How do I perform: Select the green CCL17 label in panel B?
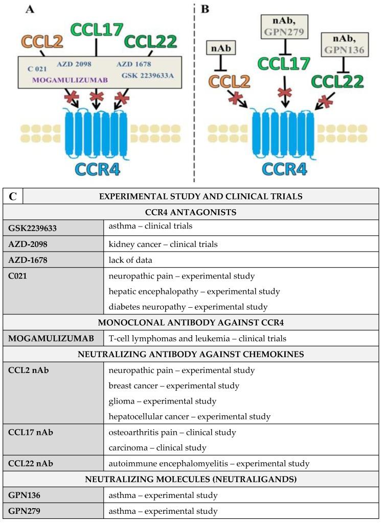283,63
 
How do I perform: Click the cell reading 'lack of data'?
130,260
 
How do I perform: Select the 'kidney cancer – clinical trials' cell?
163,244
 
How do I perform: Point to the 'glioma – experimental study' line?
162,401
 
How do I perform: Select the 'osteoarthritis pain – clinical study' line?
172,432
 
